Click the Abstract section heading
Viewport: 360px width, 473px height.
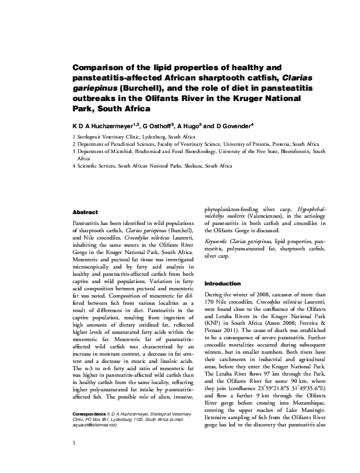click(x=85, y=213)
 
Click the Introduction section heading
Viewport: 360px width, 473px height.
click(x=224, y=283)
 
